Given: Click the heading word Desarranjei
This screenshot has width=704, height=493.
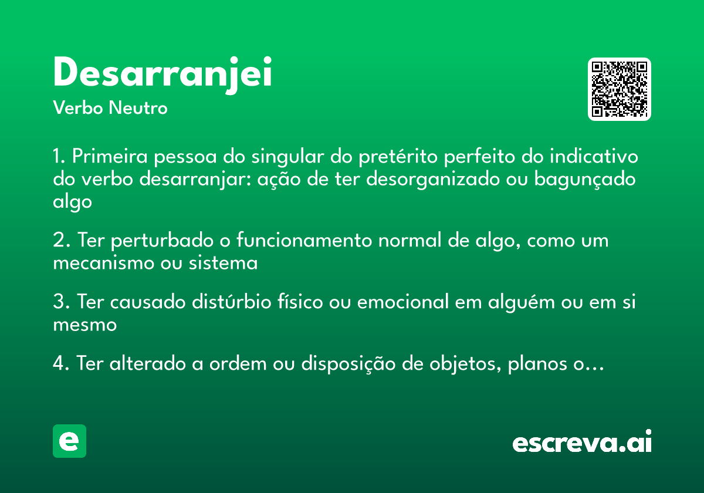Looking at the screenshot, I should coord(163,73).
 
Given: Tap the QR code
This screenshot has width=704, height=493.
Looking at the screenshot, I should coord(620,89).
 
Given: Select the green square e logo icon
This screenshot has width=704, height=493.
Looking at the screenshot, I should coord(69,441).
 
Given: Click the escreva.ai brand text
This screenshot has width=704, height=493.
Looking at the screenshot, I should coord(582,443).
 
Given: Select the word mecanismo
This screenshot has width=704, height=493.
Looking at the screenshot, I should coord(104,263).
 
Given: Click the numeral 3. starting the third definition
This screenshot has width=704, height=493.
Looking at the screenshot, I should coord(62,303).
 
